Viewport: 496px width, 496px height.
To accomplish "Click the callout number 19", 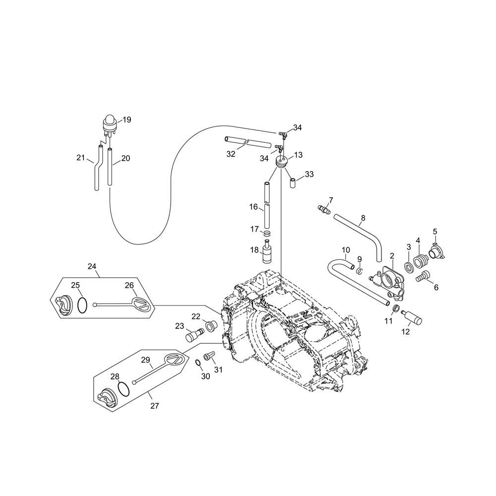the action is (x=127, y=120).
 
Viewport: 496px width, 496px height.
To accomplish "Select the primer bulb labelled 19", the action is (x=110, y=126).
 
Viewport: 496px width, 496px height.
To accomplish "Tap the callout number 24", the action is (x=92, y=266).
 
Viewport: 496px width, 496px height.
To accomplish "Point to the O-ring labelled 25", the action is (x=82, y=305).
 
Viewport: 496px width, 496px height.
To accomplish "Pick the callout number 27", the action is (x=154, y=406).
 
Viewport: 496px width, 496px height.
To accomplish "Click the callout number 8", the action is (x=363, y=218).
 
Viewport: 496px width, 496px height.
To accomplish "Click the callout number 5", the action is (x=435, y=232).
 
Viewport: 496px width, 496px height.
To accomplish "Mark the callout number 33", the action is (x=309, y=174).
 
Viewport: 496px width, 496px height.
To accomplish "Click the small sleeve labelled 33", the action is (x=293, y=183).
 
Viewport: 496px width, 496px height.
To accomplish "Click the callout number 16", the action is (x=253, y=207).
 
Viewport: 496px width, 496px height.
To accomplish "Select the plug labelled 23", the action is (x=194, y=335).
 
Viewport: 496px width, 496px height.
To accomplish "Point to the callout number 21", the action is (x=81, y=157).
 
